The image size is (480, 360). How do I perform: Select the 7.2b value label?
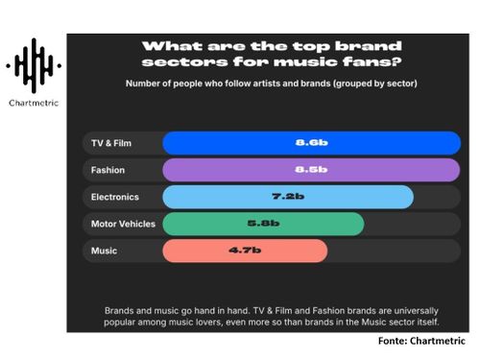pos(288,197)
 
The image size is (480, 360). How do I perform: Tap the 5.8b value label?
pos(263,224)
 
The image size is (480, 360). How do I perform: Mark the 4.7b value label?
pos(245,251)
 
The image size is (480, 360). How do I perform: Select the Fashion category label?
pos(108,170)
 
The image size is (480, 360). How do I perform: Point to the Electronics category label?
pos(115,197)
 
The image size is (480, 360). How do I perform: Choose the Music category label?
pos(104,251)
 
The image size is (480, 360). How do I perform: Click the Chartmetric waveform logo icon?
pos(34,65)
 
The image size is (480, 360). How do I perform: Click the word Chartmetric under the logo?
pos(34,102)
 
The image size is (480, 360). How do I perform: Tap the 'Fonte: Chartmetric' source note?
pos(420,341)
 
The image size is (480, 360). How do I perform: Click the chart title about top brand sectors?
pos(272,54)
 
